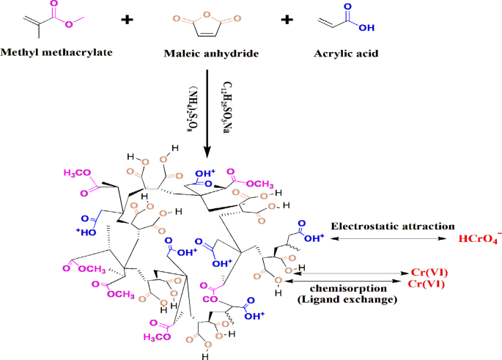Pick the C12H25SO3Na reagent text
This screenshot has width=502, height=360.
coord(224,107)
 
